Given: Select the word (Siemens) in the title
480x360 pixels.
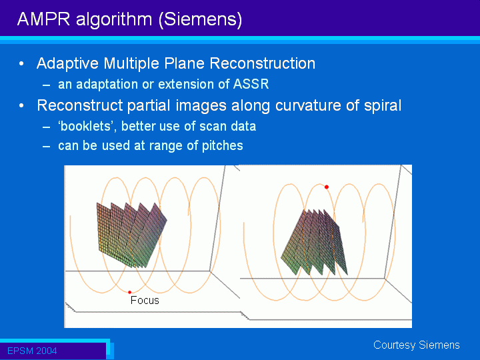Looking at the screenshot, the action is click(201, 20).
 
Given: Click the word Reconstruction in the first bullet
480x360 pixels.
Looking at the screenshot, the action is click(263, 63).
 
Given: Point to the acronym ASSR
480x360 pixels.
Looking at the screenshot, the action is click(251, 84).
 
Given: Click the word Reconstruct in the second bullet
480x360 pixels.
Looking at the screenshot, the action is click(80, 105).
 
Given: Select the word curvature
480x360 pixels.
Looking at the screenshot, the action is click(308, 105).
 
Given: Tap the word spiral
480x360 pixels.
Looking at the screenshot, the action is click(383, 105).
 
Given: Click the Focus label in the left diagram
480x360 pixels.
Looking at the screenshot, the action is click(145, 300).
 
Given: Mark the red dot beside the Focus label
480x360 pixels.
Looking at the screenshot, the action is click(129, 293).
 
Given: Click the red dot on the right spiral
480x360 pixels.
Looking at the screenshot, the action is click(327, 187).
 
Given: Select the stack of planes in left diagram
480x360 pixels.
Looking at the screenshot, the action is click(131, 235).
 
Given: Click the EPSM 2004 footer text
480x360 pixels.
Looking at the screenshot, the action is click(32, 351).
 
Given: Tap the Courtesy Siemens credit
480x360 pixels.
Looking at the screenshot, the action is click(417, 345).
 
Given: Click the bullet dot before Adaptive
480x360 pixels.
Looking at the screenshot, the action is click(21, 64).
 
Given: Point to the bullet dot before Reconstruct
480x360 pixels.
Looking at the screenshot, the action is click(21, 105).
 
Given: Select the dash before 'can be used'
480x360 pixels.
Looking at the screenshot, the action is click(46, 146).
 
